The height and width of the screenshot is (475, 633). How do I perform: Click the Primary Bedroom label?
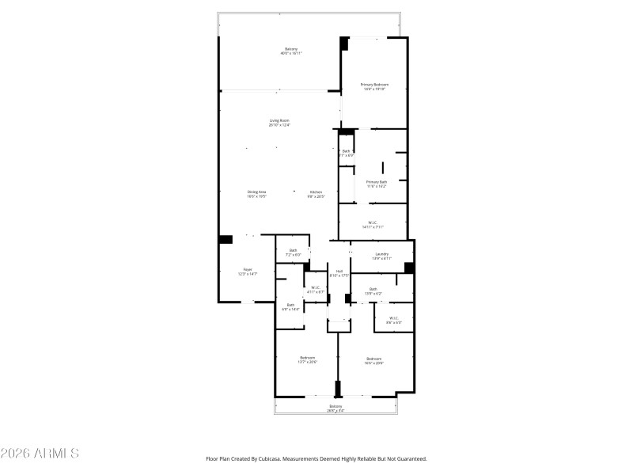pyautogui.click(x=373, y=86)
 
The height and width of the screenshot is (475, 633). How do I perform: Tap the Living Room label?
pyautogui.click(x=279, y=123)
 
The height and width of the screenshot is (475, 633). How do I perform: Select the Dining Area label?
pyautogui.click(x=256, y=194)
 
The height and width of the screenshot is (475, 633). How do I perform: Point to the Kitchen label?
pyautogui.click(x=316, y=194)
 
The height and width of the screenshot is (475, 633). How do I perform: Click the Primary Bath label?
pyautogui.click(x=376, y=184)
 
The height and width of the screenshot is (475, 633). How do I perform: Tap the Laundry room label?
pyautogui.click(x=381, y=256)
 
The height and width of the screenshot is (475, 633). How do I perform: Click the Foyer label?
pyautogui.click(x=248, y=272)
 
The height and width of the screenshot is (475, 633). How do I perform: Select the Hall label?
pyautogui.click(x=339, y=273)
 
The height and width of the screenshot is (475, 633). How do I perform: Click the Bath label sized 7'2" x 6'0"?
pyautogui.click(x=293, y=253)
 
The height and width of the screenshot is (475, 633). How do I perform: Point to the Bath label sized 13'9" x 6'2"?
pyautogui.click(x=373, y=291)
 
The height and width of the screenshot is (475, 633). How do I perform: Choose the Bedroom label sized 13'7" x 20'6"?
pyautogui.click(x=307, y=360)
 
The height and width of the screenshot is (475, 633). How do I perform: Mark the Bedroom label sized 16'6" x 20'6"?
pyautogui.click(x=374, y=360)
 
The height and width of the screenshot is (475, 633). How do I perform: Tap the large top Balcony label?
pyautogui.click(x=291, y=51)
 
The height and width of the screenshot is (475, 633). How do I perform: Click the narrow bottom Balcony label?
pyautogui.click(x=335, y=408)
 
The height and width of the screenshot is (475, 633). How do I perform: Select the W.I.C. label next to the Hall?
pyautogui.click(x=315, y=290)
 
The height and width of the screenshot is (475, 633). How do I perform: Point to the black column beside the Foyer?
pyautogui.click(x=226, y=239)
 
